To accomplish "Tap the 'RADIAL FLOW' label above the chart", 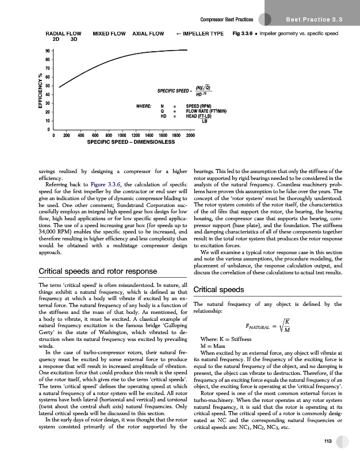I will click(x=64, y=34).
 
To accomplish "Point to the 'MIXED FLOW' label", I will click(x=109, y=34).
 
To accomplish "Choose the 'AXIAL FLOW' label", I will click(x=148, y=34).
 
